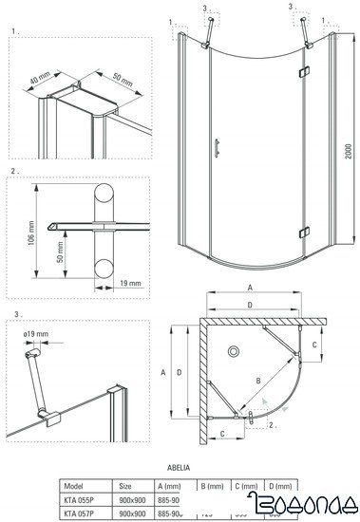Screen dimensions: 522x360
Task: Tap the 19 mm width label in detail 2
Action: [129, 282]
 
